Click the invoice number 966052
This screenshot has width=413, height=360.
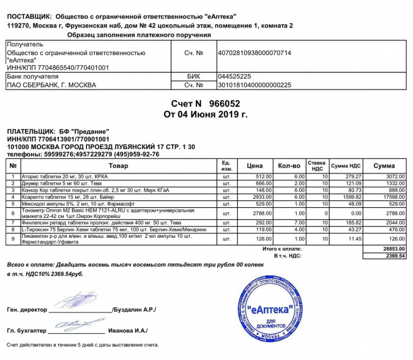point(224,103)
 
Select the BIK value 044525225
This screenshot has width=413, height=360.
point(234,76)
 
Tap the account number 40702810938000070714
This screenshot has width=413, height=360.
point(254,53)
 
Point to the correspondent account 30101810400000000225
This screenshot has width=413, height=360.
point(254,85)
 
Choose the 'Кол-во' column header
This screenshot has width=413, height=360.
point(288,166)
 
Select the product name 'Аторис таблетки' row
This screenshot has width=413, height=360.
point(56,177)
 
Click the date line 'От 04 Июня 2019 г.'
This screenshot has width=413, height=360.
point(206,115)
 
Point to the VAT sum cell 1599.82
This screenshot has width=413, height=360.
point(354,197)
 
